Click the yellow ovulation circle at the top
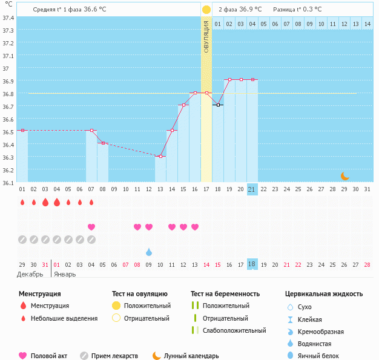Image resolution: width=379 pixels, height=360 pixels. (206, 10)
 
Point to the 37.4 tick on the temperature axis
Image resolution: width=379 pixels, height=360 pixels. (9, 18)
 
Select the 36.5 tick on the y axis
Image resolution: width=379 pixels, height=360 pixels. (9, 132)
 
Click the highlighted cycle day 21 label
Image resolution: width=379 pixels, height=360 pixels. (252, 189)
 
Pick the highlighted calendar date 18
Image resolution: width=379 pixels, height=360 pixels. (252, 264)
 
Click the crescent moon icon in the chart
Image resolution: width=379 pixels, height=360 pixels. (344, 176)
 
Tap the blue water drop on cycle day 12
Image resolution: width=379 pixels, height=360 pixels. (149, 252)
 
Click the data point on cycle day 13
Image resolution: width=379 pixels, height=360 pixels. (160, 157)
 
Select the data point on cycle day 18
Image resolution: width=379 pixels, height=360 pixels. (218, 105)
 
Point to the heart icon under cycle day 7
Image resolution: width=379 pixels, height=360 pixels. (91, 227)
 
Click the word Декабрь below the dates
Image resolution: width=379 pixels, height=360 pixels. (30, 274)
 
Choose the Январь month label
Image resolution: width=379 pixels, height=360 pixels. (65, 274)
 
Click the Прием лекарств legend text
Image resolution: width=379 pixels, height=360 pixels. (114, 356)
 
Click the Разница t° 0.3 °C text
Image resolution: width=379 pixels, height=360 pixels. (297, 10)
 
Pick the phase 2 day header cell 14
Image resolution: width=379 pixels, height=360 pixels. (367, 24)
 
